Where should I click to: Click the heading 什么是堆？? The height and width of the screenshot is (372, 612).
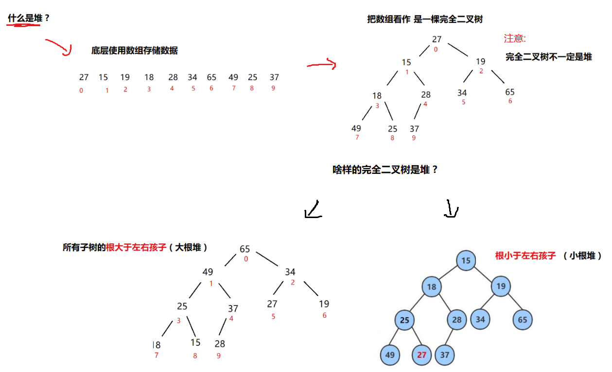[29, 18]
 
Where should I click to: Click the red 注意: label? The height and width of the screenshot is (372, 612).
[515, 38]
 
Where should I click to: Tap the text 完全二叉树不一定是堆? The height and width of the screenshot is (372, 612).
[548, 57]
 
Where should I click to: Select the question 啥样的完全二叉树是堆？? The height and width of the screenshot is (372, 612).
[385, 170]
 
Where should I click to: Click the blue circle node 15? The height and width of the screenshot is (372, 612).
[466, 261]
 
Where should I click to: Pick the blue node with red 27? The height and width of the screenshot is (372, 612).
[421, 355]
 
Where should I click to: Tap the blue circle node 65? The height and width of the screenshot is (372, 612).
[523, 320]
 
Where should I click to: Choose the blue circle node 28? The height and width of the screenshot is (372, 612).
[456, 320]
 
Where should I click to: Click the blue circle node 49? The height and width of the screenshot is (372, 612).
[390, 355]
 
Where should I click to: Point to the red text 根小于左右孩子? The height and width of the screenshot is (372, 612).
[525, 255]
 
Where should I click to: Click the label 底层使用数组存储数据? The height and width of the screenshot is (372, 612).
[134, 51]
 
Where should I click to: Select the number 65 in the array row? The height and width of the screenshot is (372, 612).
[211, 77]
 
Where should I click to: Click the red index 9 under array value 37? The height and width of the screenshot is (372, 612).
[273, 88]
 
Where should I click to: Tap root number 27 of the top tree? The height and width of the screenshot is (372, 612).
[436, 39]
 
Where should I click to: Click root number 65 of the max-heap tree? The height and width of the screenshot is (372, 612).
[245, 249]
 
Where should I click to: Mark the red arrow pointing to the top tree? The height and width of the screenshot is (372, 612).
[322, 64]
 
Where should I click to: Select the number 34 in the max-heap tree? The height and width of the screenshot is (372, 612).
[290, 272]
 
